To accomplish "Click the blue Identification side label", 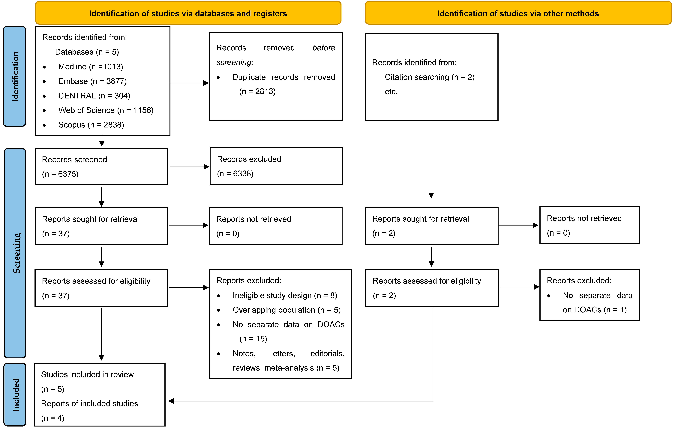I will (x=15, y=76).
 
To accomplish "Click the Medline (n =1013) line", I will (x=91, y=67).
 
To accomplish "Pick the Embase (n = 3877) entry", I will (x=92, y=81).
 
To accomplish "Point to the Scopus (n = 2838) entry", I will (x=91, y=125).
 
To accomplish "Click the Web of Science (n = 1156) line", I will (x=106, y=110).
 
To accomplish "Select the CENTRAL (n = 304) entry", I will (x=94, y=96).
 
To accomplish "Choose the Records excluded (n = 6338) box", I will (x=276, y=166).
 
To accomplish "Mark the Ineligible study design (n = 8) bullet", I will (x=285, y=296).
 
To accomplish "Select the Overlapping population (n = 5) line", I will (x=286, y=310).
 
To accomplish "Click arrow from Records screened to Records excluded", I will (x=189, y=167).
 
